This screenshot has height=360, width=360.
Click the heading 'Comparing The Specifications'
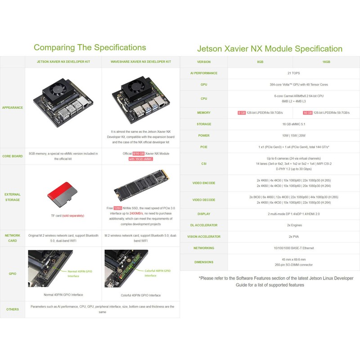[90, 47]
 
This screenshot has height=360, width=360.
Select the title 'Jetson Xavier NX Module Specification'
[270, 49]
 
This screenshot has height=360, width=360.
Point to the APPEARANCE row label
[13, 108]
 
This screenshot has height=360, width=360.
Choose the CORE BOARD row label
[13, 156]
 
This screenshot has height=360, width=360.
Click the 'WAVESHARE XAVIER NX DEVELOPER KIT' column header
[141, 62]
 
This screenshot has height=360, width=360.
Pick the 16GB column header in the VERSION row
[326, 62]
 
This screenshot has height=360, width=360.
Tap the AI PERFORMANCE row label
[204, 73]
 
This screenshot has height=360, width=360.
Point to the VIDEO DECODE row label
[204, 199]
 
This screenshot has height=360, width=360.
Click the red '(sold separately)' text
[73, 216]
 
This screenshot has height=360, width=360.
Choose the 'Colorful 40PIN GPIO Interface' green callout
[157, 273]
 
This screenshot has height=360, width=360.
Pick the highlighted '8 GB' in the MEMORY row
[242, 112]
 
